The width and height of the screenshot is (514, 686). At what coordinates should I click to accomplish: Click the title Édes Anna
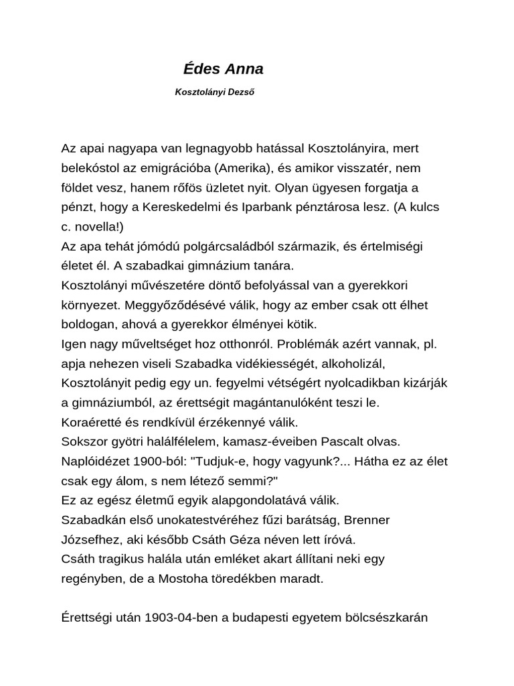click(x=223, y=69)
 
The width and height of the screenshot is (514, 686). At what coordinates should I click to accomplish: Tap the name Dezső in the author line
click(x=240, y=93)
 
